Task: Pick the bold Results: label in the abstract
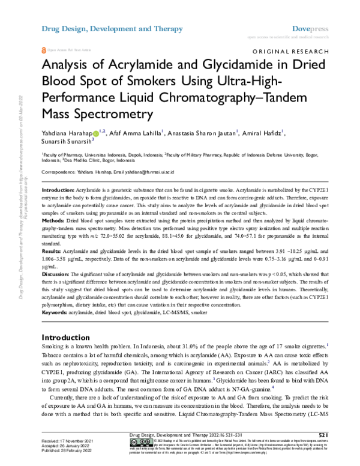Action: pyautogui.click(x=53, y=249)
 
